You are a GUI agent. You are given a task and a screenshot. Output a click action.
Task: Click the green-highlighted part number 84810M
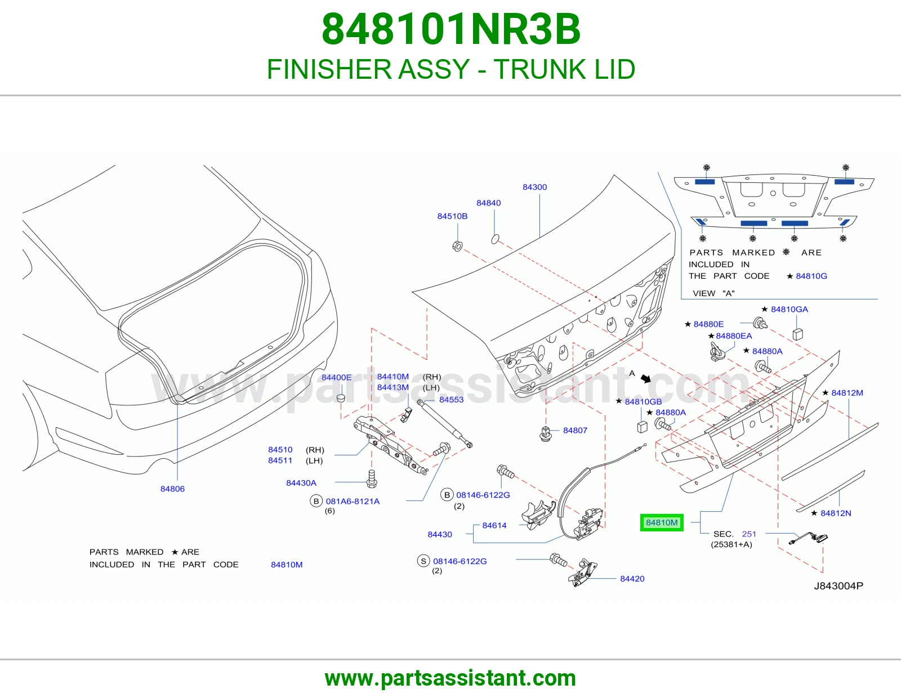pos(661,522)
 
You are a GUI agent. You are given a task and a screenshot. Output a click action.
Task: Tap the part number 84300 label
pos(534,187)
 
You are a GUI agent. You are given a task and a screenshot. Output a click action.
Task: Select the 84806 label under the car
pos(172,489)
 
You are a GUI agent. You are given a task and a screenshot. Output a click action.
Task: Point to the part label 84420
pos(632,579)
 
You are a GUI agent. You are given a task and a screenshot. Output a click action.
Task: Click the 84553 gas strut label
pos(451,400)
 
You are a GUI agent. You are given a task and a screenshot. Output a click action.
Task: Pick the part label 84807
pos(575,430)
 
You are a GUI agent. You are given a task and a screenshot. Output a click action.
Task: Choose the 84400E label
pos(336,377)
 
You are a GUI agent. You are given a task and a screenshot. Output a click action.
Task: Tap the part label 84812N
pos(836,513)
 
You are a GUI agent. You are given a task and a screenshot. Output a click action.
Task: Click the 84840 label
pos(488,203)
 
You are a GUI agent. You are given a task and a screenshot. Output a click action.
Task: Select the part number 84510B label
pos(452,216)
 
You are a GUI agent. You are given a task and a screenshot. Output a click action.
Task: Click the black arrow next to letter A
pos(645,378)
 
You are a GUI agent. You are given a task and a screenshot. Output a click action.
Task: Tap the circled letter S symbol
pos(423,561)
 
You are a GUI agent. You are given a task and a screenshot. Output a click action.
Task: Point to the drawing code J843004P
pos(838,585)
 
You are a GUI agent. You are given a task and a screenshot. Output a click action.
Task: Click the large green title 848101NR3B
pos(450,29)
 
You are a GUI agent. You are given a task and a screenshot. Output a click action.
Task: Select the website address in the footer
pos(450,678)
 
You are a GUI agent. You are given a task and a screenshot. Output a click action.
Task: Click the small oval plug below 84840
pos(494,239)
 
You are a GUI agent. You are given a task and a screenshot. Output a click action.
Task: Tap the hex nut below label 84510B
pos(457,246)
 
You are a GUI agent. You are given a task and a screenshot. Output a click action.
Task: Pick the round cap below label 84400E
pos(341,398)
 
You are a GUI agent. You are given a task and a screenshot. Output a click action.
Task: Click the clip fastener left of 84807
pos(545,434)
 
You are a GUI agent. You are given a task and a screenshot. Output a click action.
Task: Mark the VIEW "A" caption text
pos(713,293)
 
